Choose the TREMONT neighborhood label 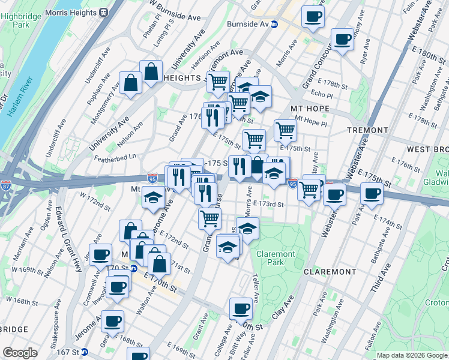click(x=367, y=130)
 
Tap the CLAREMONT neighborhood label click(x=330, y=272)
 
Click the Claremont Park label click(x=276, y=258)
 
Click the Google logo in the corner click(x=20, y=352)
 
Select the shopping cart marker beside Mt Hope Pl click(x=285, y=130)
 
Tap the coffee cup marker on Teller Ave click(x=241, y=308)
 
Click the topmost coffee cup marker click(x=312, y=17)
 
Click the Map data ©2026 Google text click(x=411, y=355)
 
